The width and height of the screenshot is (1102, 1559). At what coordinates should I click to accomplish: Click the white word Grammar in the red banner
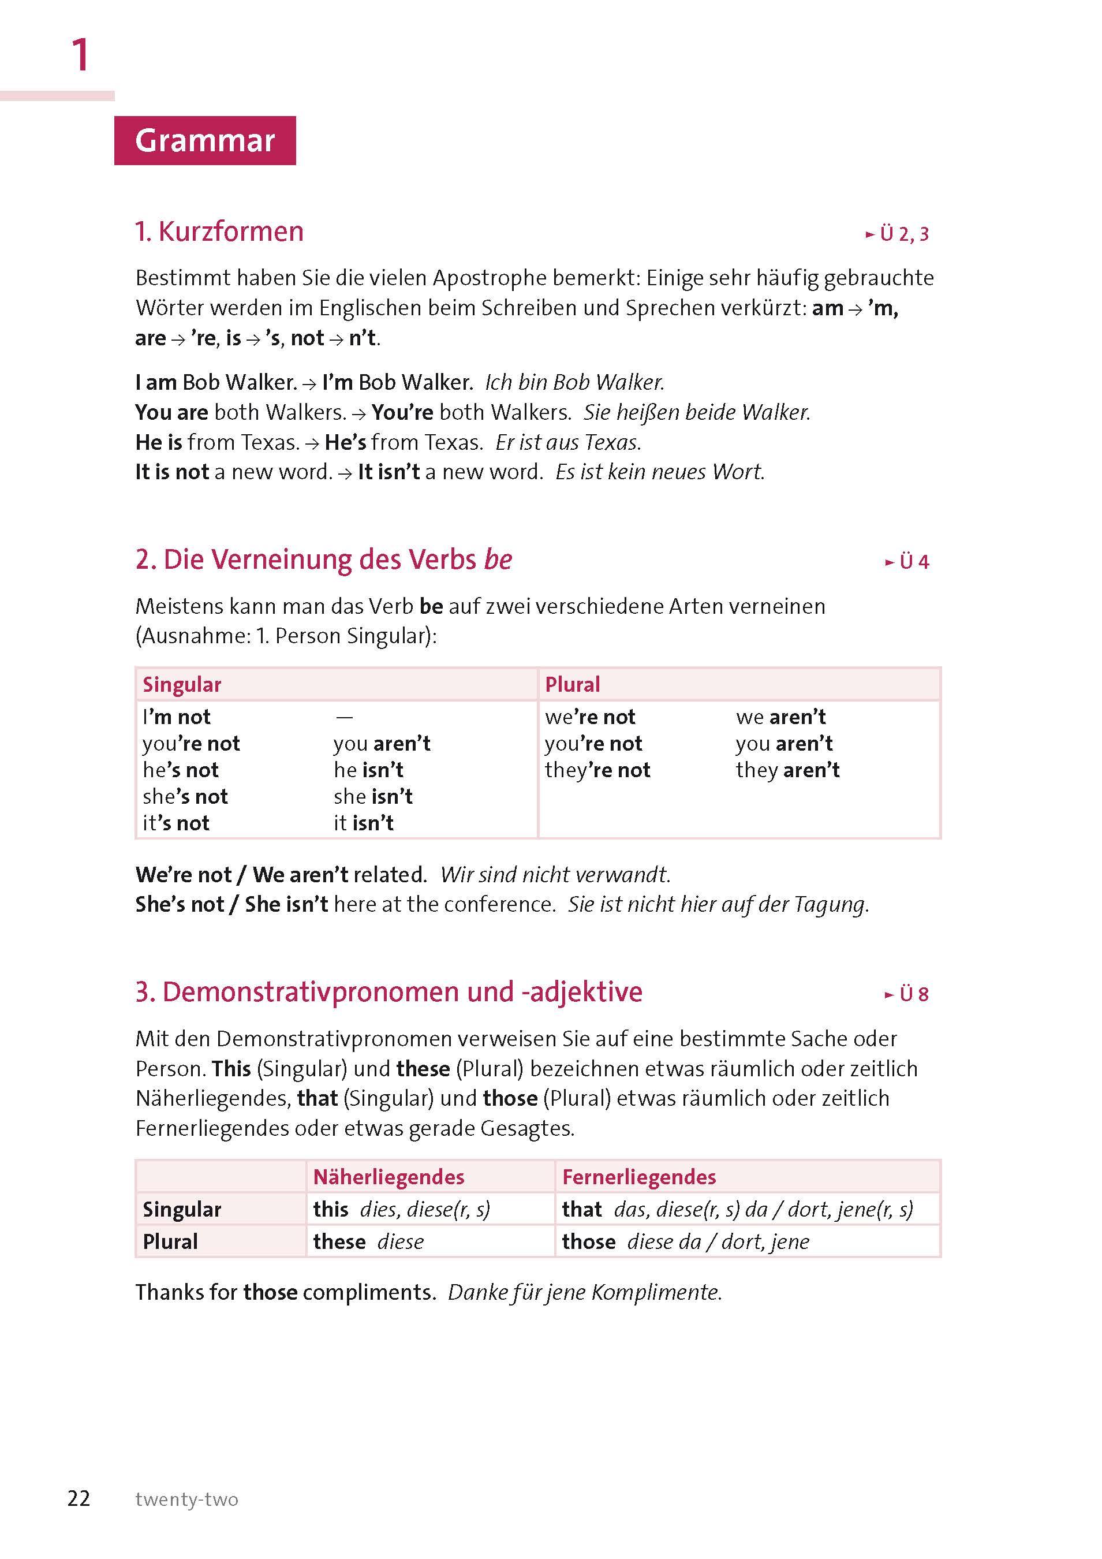coord(204,140)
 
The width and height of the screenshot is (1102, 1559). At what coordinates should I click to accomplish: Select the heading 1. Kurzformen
coord(219,232)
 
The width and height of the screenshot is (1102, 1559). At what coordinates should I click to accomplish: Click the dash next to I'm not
coord(344,717)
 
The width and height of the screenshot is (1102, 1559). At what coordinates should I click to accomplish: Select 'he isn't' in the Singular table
coord(368,770)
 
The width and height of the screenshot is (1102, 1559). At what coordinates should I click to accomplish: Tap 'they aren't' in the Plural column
coord(787,770)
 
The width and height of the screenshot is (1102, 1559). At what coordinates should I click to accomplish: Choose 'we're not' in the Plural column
coord(589,717)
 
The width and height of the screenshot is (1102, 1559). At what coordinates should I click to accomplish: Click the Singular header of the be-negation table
coord(182,684)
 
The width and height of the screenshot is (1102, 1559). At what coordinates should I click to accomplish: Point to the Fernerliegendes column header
coord(639,1177)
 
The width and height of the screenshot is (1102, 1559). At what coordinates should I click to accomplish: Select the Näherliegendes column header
coord(388,1177)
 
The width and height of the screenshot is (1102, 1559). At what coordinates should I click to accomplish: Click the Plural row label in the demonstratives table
coord(170,1241)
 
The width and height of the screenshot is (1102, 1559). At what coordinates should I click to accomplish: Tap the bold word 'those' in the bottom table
coord(588,1241)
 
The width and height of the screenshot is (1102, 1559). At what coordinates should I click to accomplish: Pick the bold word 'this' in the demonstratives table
coord(331,1209)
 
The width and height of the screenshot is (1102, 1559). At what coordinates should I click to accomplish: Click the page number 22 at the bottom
coord(79,1498)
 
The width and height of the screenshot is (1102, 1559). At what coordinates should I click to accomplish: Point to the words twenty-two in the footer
coord(186,1500)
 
